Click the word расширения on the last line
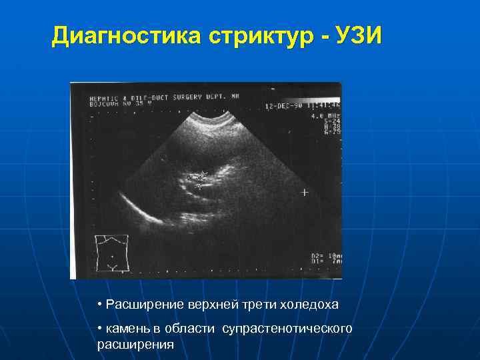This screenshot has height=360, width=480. tap(135, 345)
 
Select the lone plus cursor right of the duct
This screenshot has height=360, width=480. tap(305, 193)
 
